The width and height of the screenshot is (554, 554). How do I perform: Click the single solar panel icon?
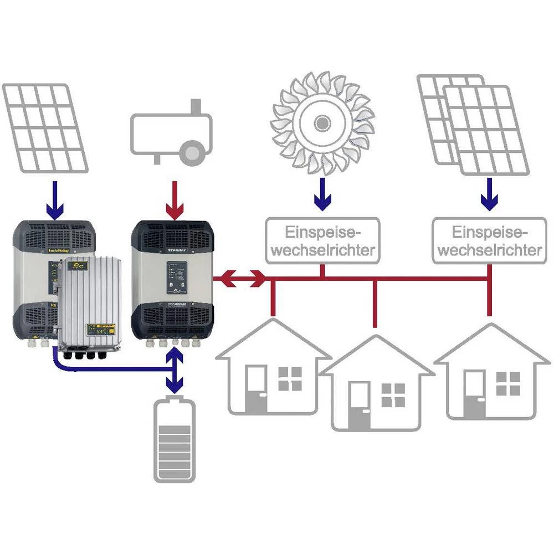pos(45,127)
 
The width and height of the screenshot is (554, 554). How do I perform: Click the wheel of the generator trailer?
pos(193,151)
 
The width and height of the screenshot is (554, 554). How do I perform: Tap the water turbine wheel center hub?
pos(320,122)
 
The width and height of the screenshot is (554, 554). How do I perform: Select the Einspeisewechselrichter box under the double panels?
pos(488,240)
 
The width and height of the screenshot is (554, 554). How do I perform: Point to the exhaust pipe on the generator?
pos(194,106)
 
